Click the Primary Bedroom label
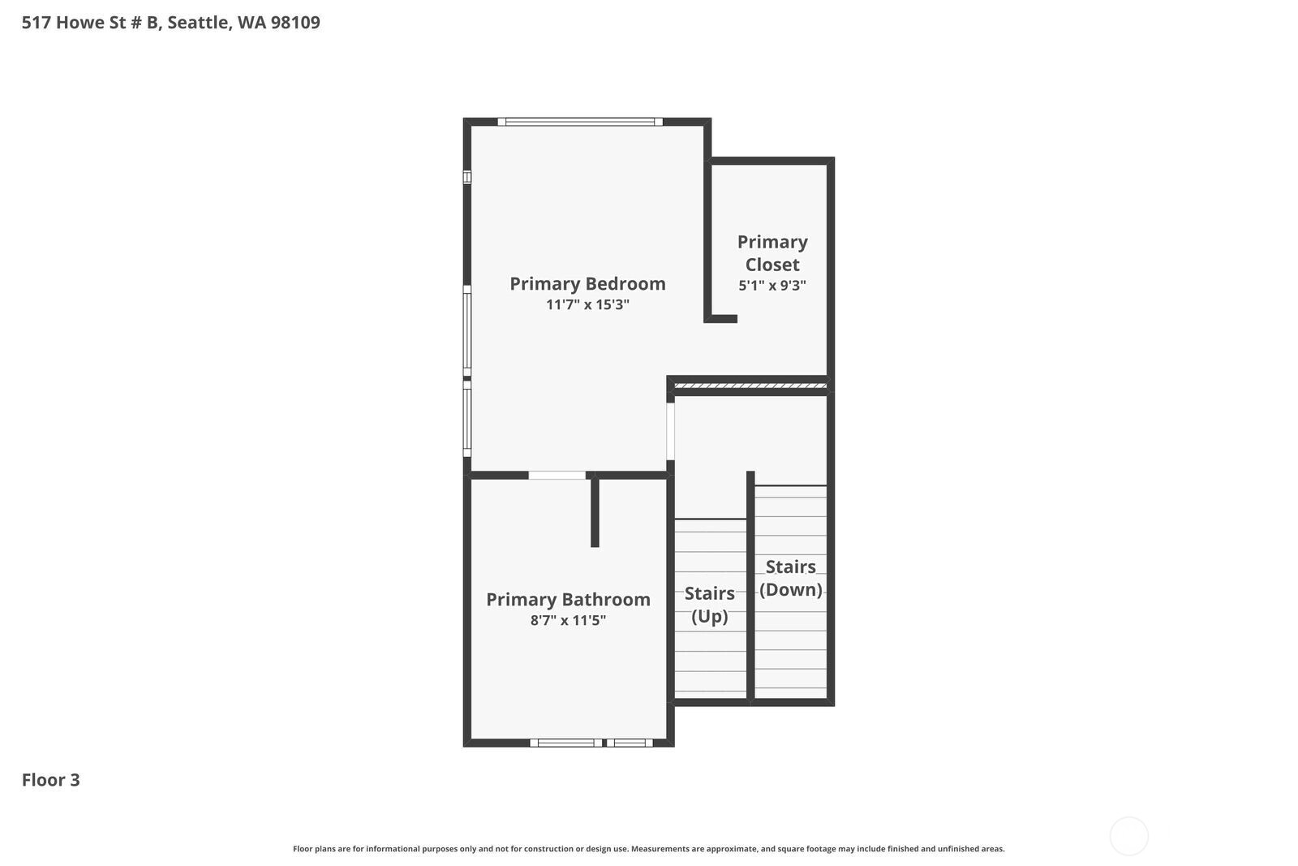click(x=587, y=283)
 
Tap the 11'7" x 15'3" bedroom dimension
click(x=587, y=305)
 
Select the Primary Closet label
click(x=772, y=253)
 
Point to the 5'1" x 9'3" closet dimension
click(x=772, y=286)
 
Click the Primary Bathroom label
click(x=568, y=599)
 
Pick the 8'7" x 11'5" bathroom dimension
click(x=568, y=621)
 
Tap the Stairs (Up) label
click(x=709, y=605)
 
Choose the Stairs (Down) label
click(x=790, y=578)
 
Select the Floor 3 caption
click(x=50, y=780)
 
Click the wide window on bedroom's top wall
click(x=579, y=122)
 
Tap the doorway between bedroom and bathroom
click(x=557, y=475)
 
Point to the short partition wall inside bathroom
click(x=595, y=511)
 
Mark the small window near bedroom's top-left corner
click(x=467, y=177)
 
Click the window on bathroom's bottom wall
click(x=591, y=743)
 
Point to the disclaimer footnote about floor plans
click(x=648, y=849)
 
